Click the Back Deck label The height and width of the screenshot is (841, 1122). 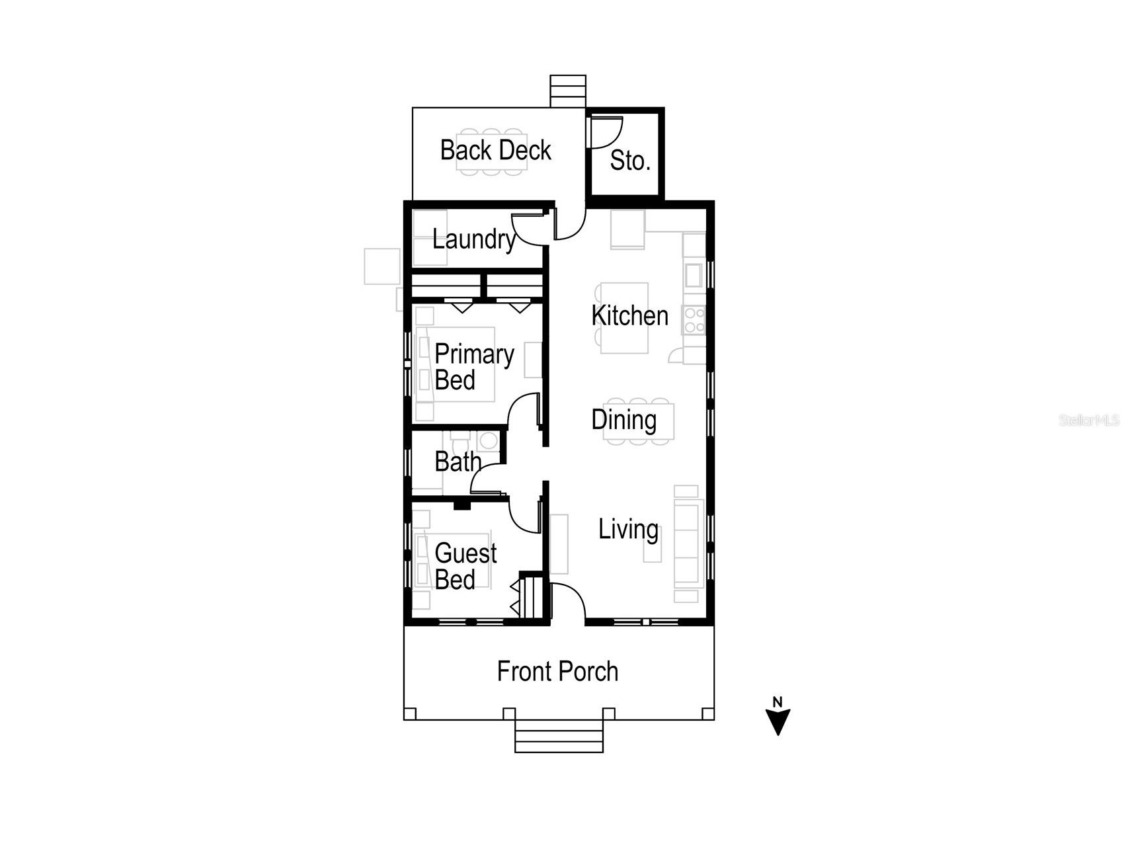coord(495,150)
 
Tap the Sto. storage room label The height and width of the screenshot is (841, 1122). coord(629,161)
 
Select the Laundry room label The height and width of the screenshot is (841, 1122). coord(473,239)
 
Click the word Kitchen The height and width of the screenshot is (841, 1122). coord(629,315)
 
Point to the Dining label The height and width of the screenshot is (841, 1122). coord(623,420)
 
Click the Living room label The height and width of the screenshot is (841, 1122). coord(628,529)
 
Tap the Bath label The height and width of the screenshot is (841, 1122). coord(457,461)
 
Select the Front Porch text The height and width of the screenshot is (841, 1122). coord(557,672)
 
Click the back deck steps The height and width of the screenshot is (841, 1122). coord(568,91)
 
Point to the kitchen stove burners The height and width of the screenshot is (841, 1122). coord(694,320)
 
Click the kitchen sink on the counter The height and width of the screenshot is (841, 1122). coord(693,274)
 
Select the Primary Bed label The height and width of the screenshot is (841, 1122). coord(473,367)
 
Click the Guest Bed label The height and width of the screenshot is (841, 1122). coord(465,566)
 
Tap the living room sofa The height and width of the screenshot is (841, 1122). coord(688,543)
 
